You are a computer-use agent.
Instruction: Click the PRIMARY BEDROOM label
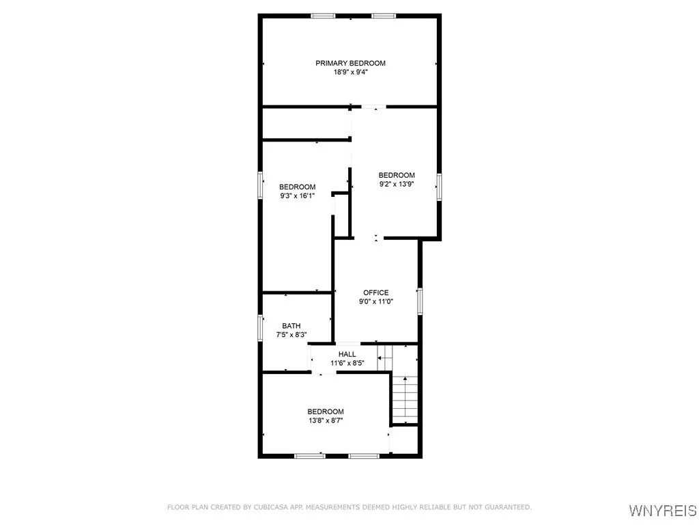350,63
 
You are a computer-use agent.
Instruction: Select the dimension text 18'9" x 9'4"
350,72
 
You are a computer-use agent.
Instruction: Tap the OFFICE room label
375,293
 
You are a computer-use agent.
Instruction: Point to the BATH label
291,326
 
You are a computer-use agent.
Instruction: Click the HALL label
347,354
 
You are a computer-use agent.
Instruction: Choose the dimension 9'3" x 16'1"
298,196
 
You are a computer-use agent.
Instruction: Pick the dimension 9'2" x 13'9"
397,184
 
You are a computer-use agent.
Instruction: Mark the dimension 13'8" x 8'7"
325,420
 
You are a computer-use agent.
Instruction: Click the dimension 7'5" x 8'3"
291,335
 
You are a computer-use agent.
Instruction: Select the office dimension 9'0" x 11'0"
376,301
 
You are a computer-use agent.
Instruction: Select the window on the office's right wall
420,301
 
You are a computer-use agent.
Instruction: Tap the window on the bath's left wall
259,326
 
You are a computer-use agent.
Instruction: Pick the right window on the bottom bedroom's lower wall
362,455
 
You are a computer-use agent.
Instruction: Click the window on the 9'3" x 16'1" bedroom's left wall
260,185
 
